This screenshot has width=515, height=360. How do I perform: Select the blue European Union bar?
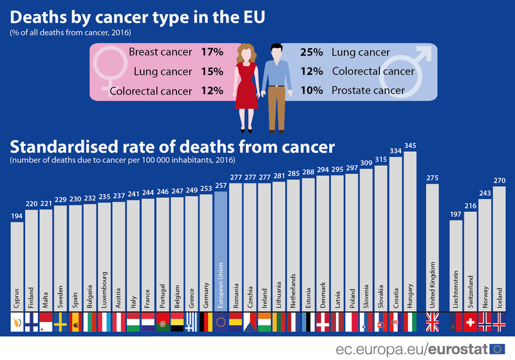[x=221, y=245]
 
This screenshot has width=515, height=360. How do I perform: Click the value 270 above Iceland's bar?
[x=499, y=182]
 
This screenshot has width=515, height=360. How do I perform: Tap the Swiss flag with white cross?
[x=470, y=321]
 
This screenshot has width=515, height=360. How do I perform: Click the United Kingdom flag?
[x=432, y=321]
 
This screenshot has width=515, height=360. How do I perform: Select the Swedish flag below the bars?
[x=60, y=321]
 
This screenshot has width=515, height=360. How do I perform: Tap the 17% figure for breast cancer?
[x=211, y=52]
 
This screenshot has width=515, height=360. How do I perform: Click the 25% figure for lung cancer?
[x=312, y=52]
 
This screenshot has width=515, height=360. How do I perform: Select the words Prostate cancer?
[x=368, y=90]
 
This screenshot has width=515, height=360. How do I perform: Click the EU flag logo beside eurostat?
[x=497, y=348]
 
